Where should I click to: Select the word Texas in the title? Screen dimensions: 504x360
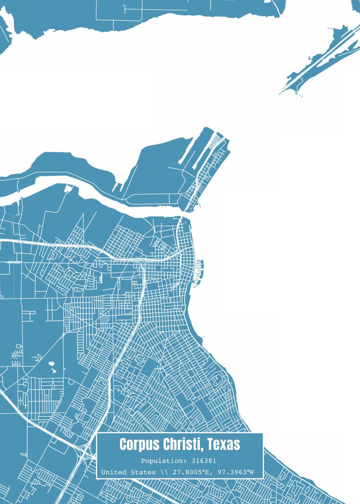(x=224, y=444)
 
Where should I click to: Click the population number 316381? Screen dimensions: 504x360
(x=203, y=461)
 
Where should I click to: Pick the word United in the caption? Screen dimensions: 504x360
(x=112, y=472)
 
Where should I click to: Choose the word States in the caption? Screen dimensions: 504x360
(x=143, y=472)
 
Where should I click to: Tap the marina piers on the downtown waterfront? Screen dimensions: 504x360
(x=199, y=269)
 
